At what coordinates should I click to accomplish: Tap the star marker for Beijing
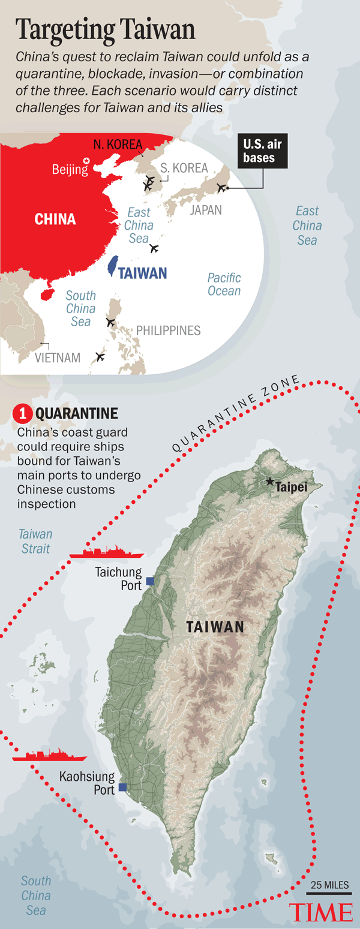pos(87,161)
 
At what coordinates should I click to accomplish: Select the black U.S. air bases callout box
pos(262,151)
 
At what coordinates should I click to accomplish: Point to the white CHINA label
pos(55,219)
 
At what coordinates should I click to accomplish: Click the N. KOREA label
pos(118,145)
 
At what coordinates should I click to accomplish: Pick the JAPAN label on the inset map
pos(206,210)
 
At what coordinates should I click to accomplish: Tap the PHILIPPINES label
pos(168,330)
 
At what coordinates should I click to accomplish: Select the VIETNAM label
pos(58,358)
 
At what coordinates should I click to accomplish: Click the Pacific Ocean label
pos(224,284)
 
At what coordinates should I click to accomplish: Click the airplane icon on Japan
pos(221,188)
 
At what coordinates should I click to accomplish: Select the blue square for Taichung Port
pos(150,581)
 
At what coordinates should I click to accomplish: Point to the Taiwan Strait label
pos(35,541)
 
